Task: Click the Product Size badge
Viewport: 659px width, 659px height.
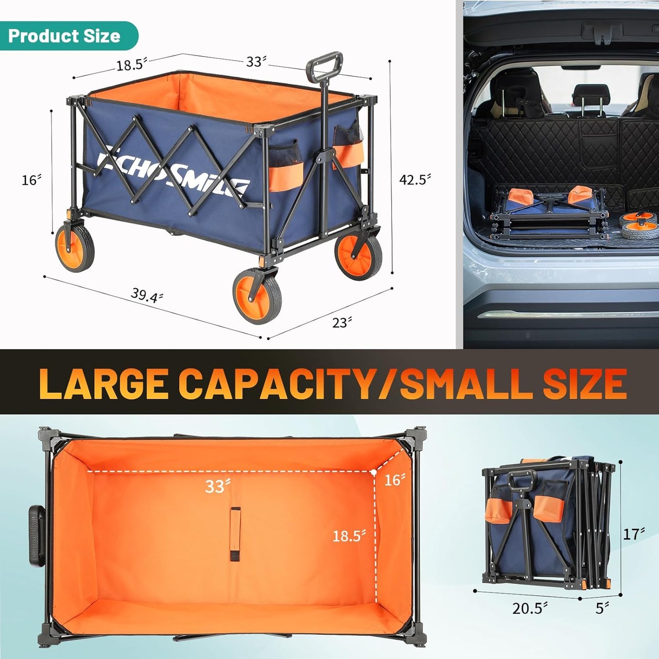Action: pyautogui.click(x=64, y=36)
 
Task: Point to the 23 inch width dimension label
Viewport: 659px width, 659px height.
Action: pyautogui.click(x=342, y=322)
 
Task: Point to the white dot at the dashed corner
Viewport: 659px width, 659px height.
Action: pyautogui.click(x=374, y=472)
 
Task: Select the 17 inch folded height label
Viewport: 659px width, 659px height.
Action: pyautogui.click(x=634, y=534)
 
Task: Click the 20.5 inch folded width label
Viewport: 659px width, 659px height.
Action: pyautogui.click(x=529, y=608)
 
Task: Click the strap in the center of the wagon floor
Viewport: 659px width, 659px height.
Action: pyautogui.click(x=235, y=534)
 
